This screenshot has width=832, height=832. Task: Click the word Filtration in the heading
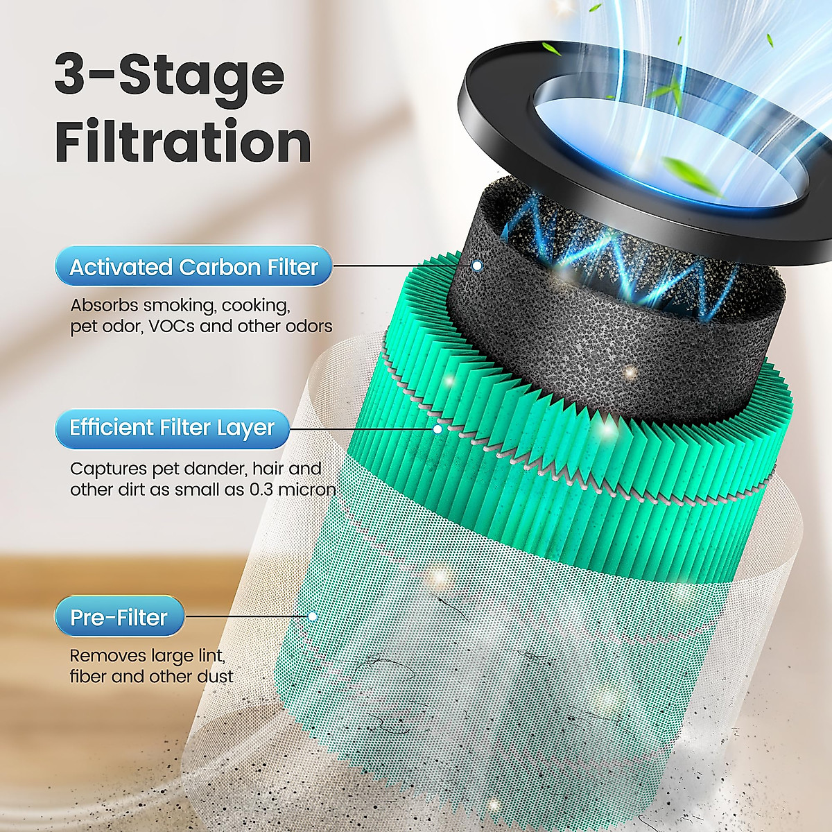coord(182,142)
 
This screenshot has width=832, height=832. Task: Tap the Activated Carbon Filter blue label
coord(193,267)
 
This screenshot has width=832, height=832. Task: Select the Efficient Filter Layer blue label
coord(172,428)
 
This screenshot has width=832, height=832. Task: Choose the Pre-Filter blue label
coord(119,616)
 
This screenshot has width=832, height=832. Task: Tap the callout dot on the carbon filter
coord(477,266)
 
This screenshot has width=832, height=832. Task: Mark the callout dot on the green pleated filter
coord(437,429)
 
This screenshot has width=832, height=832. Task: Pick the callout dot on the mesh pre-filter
coord(313,616)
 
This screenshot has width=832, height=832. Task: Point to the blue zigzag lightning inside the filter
coord(610,263)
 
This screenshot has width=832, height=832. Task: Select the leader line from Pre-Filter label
coord(246,616)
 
